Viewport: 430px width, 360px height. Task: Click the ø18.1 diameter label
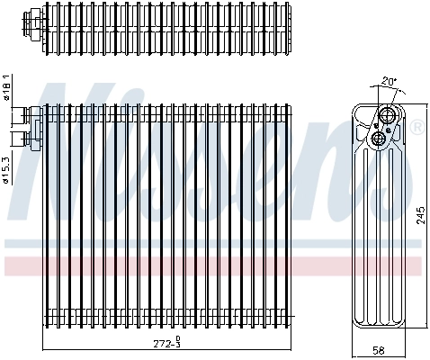[x=8, y=88]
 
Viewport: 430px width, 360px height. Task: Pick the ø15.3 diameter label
[x=8, y=166]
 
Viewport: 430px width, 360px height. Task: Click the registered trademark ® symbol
[x=417, y=129]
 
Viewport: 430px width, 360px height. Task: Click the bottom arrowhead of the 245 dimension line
[x=411, y=330]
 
